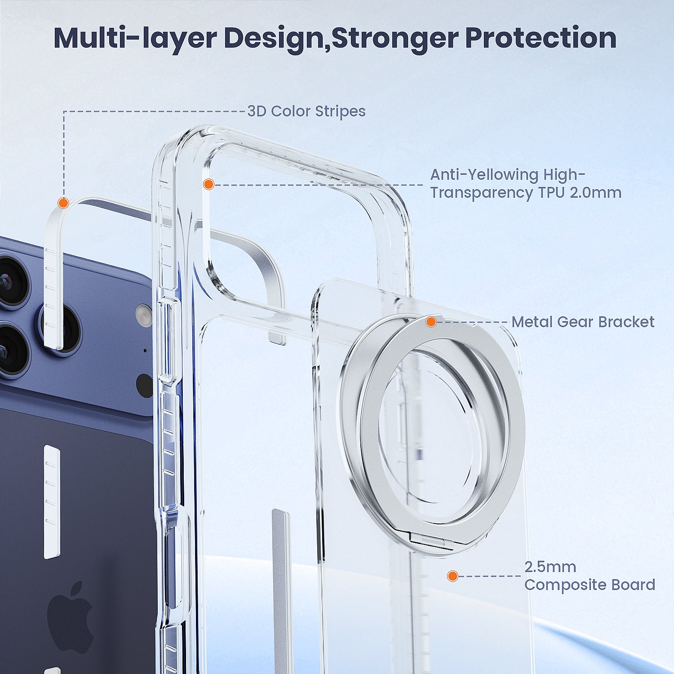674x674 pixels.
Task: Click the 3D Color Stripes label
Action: pos(306,111)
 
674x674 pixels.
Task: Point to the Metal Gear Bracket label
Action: pos(583,322)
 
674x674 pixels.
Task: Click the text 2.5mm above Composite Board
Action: pos(550,567)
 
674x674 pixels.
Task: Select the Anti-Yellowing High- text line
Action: pos(508,174)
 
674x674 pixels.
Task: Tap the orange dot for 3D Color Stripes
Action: pos(63,203)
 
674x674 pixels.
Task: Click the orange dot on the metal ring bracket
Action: pos(431,322)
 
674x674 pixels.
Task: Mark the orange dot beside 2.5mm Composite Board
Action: pos(452,576)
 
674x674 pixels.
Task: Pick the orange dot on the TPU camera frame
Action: pos(208,184)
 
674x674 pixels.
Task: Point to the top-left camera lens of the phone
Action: pos(11,281)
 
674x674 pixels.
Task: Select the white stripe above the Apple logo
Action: pos(52,502)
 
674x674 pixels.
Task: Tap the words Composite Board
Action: pos(590,585)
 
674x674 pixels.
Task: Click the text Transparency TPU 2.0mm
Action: pos(526,193)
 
